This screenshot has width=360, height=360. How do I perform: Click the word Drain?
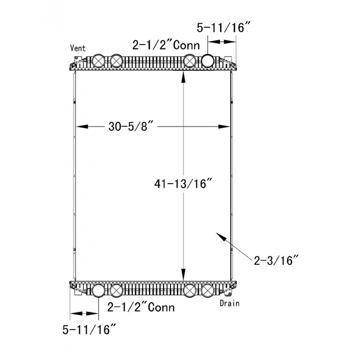229,303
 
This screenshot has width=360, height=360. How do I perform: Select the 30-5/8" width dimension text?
131,127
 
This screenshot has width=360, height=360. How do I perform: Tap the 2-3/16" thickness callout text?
275,260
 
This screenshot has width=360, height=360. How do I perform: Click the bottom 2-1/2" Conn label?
141,308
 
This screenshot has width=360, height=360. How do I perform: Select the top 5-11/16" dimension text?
220,28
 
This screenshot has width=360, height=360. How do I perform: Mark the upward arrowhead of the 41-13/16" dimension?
183,77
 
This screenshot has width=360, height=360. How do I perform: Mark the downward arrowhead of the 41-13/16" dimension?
183,275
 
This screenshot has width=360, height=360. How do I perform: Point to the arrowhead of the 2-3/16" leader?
218,235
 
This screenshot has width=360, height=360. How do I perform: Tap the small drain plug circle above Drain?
229,295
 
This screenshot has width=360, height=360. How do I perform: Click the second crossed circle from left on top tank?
116,60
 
